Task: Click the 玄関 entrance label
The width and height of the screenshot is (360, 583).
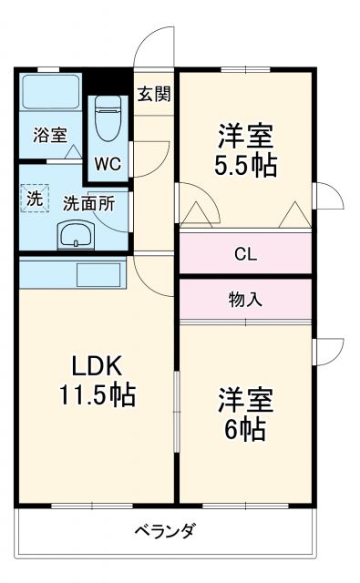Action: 154,92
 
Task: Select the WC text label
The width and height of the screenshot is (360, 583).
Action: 109,165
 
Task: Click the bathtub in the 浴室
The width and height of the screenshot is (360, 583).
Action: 51,94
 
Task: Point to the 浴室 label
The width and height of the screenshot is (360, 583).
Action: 50,135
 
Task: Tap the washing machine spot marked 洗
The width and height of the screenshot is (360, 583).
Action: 34,198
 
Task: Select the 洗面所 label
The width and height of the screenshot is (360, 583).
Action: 88,202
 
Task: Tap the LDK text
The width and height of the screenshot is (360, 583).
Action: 98,366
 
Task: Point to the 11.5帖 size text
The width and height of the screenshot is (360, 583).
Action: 98,396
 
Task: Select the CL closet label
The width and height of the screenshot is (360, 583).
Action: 245,254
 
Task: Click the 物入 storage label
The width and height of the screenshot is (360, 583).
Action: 245,300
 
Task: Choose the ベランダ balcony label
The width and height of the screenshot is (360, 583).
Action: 165,531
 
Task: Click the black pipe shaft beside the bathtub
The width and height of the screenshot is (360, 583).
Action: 108,80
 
